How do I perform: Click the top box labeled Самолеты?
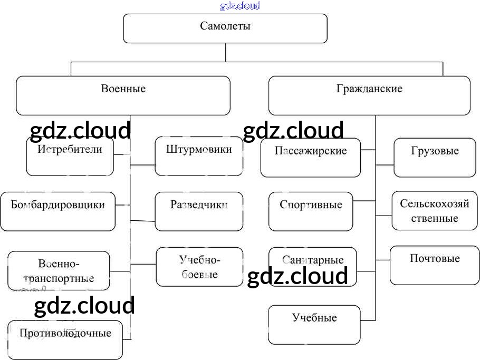[225, 28]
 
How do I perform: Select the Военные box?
[123, 95]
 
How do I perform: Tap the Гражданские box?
[369, 95]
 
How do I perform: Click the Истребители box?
[70, 157]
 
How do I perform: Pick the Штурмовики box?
[199, 157]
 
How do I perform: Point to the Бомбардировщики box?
[58, 211]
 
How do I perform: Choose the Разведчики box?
[199, 211]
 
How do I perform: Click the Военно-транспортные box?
[59, 270]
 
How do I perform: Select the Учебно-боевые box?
[199, 267]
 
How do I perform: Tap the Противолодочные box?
[65, 339]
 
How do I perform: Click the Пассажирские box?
[311, 158]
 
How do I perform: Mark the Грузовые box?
[435, 158]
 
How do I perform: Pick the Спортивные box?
[311, 211]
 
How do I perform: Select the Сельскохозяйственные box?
[434, 211]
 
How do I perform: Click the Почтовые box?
[434, 265]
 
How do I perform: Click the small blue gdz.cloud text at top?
[240, 6]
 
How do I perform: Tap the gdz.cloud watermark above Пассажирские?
[293, 130]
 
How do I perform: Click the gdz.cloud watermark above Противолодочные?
[84, 306]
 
